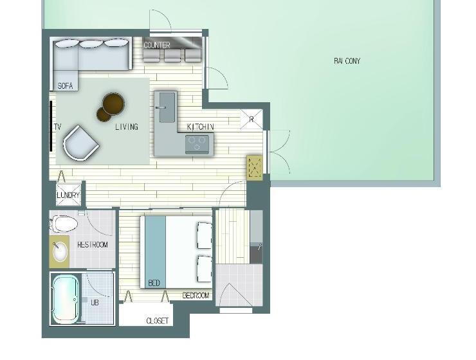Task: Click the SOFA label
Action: click(x=65, y=85)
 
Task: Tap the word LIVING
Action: click(x=127, y=127)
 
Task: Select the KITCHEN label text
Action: click(x=200, y=127)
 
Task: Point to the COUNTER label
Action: click(x=157, y=45)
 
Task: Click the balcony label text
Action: click(x=347, y=61)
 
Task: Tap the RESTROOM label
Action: click(x=93, y=245)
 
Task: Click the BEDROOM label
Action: click(x=196, y=296)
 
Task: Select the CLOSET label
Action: click(x=158, y=321)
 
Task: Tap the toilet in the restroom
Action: click(x=64, y=224)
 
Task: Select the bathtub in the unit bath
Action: click(x=65, y=299)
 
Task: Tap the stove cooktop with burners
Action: click(x=199, y=144)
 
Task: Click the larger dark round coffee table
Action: click(x=114, y=102)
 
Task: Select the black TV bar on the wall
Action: click(x=50, y=125)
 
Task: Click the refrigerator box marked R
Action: click(x=252, y=120)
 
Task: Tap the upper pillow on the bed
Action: click(x=204, y=235)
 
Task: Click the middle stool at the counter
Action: click(x=172, y=55)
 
